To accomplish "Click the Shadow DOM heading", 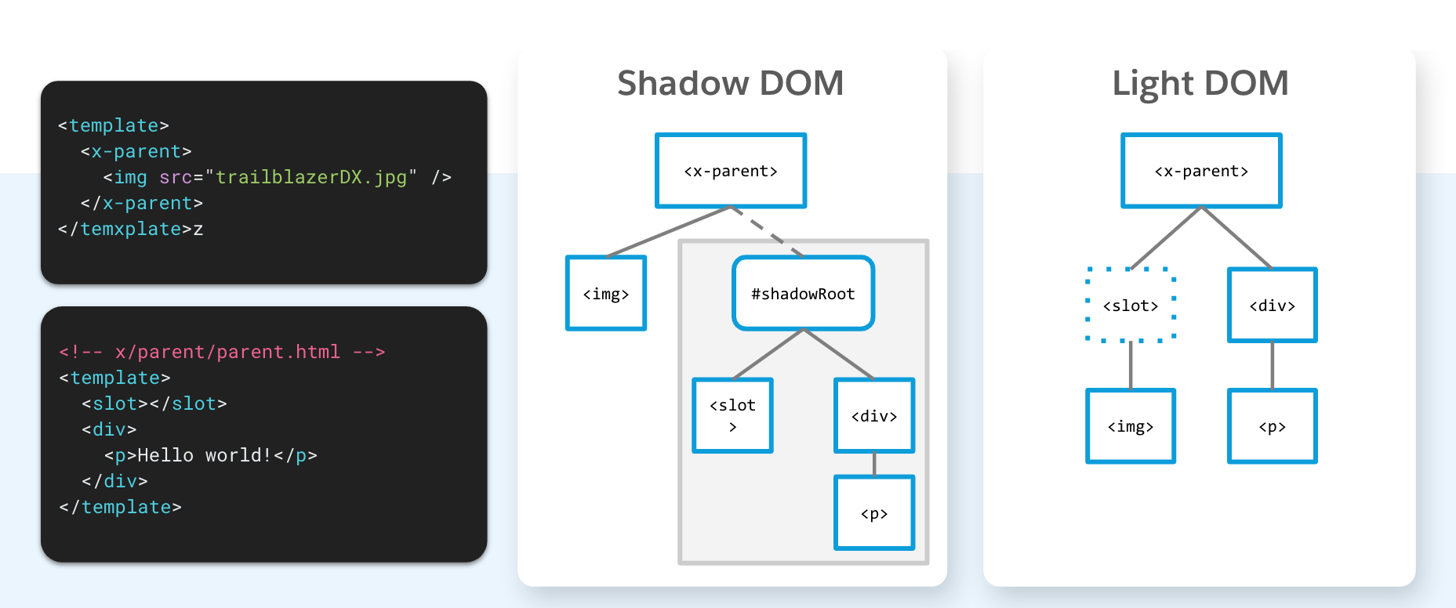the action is [x=730, y=83].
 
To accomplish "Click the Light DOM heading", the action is [x=1200, y=83].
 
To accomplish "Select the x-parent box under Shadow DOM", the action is [x=731, y=171].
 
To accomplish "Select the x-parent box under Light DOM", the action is [x=1201, y=171].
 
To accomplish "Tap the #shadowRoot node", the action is [x=803, y=293].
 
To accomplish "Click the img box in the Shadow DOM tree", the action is [x=606, y=293].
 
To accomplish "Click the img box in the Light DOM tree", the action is [x=1130, y=426].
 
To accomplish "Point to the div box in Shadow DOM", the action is [x=874, y=415].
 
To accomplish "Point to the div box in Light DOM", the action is [x=1272, y=305].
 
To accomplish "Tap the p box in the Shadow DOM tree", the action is [x=874, y=513].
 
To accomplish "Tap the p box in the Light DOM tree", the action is [x=1272, y=426].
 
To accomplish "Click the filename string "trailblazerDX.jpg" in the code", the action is [x=311, y=177].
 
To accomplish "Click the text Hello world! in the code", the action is [x=205, y=455].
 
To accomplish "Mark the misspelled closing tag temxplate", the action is [x=131, y=229].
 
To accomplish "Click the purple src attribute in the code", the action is [x=176, y=177].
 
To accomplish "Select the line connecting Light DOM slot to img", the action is [x=1130, y=366].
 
